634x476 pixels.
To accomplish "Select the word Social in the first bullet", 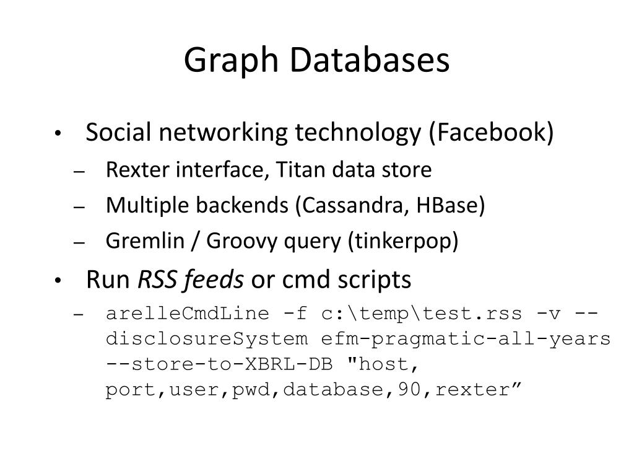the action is (x=116, y=133).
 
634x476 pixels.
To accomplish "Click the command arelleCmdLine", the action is (x=188, y=314).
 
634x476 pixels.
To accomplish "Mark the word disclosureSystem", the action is (x=207, y=339).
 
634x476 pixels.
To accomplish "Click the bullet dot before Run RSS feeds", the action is (x=57, y=282).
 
